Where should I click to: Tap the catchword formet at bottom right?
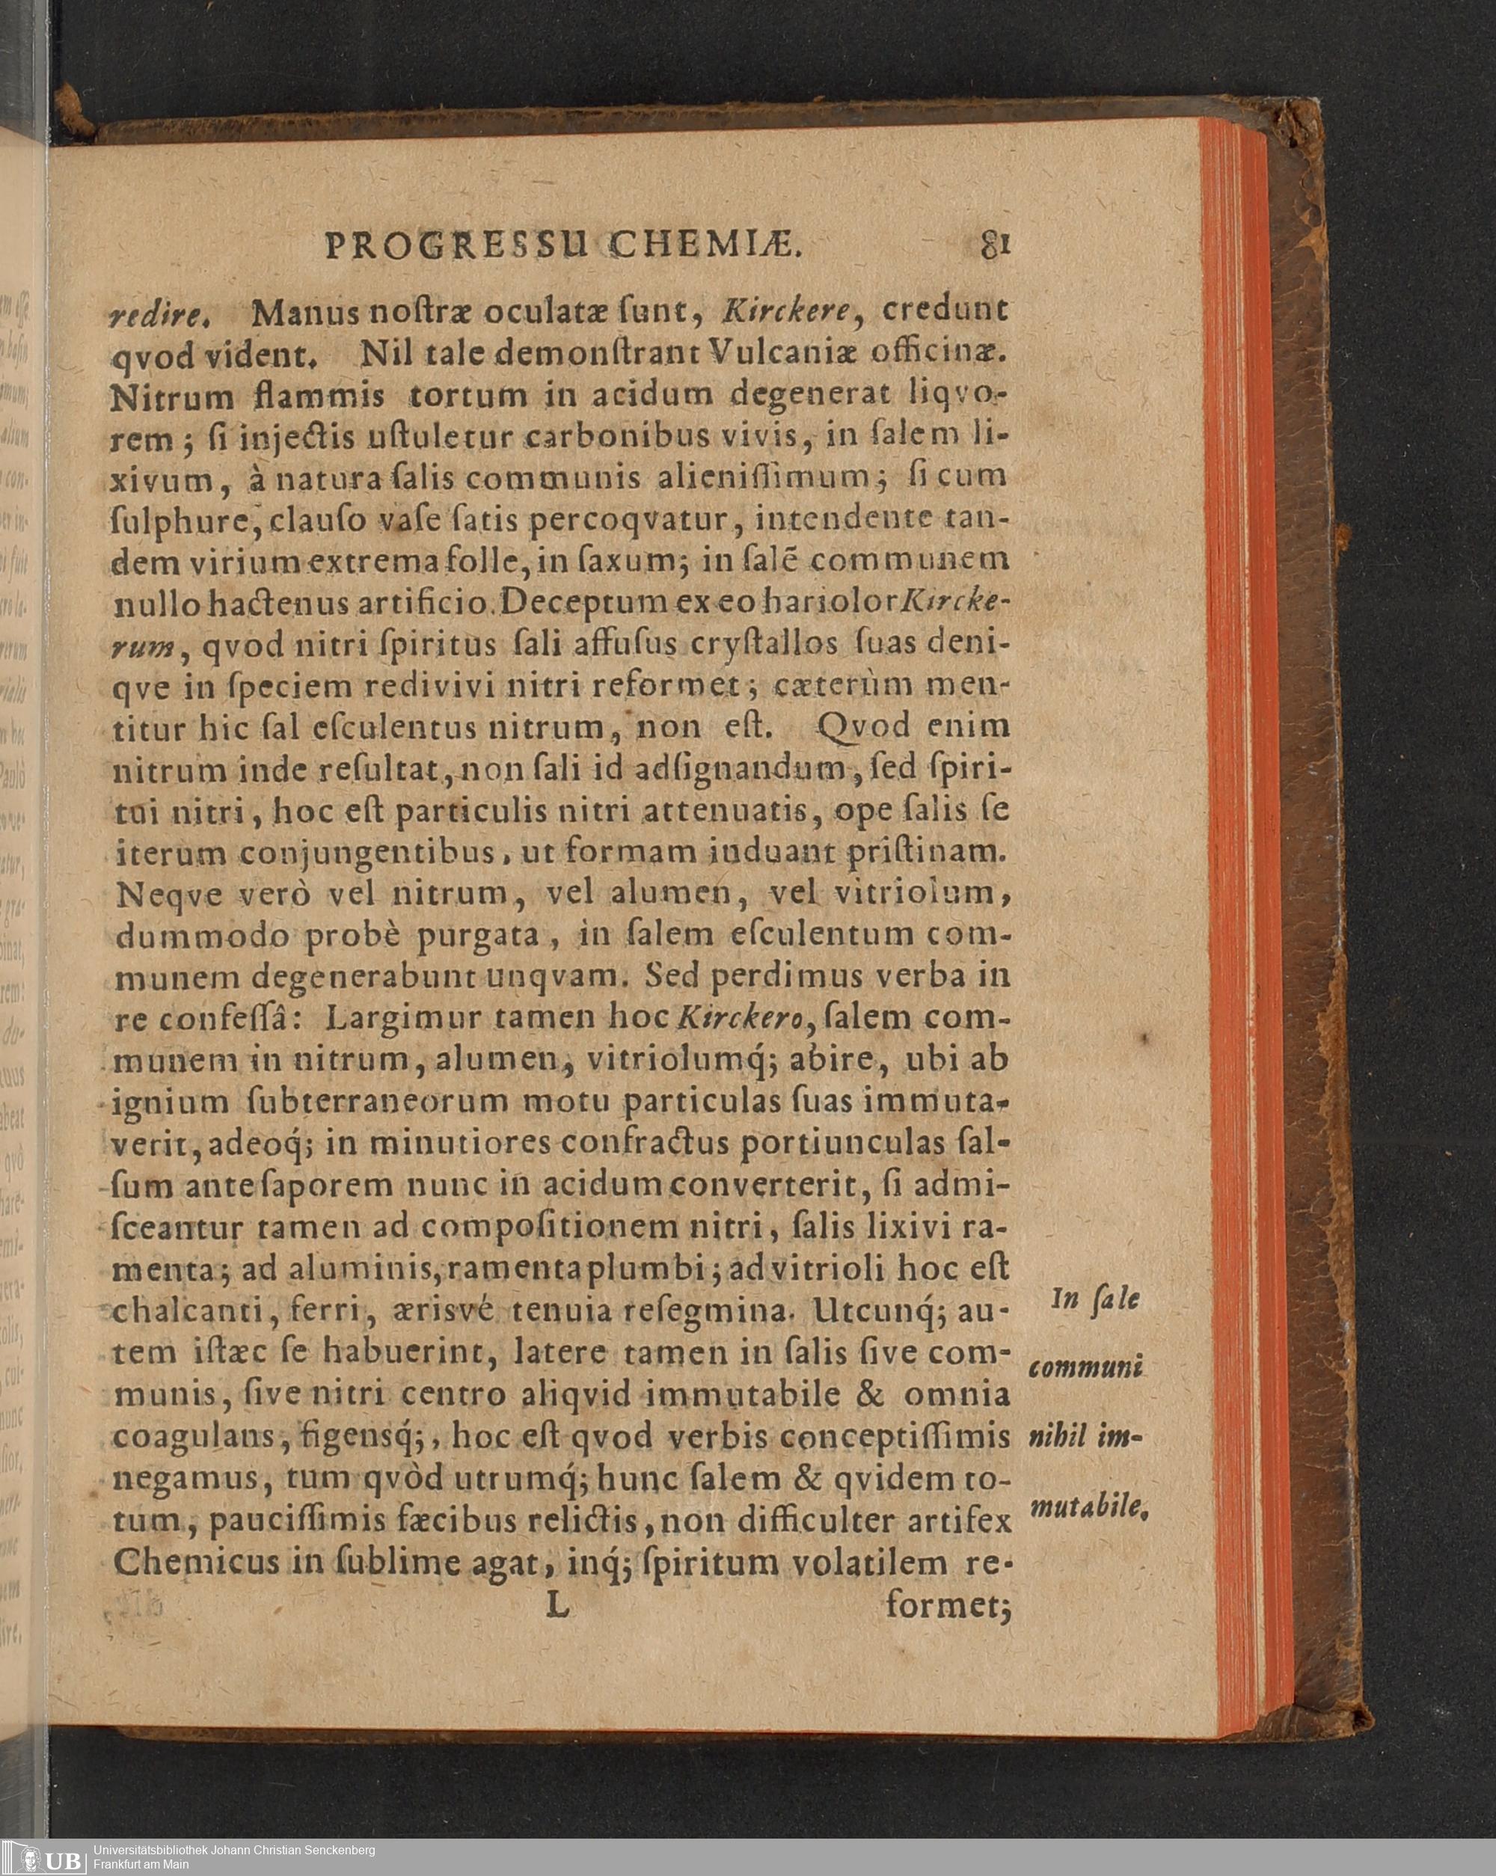click(947, 1606)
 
